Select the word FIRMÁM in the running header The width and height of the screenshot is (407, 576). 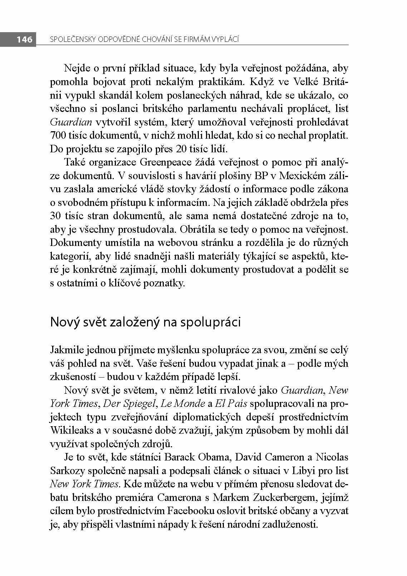tap(193, 39)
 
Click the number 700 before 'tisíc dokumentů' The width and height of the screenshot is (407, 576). tap(57, 136)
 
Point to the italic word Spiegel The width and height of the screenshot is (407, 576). tap(138, 404)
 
